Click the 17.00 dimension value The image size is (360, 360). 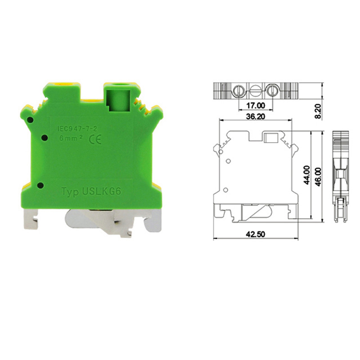click(256, 106)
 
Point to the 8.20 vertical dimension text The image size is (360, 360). click(319, 111)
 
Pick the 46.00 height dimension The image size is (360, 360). click(319, 175)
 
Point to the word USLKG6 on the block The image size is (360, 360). click(103, 192)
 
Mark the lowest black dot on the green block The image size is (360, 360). click(40, 185)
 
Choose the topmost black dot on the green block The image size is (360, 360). click(30, 120)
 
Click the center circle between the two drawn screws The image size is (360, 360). click(255, 91)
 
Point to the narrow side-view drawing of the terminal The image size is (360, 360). click(340, 177)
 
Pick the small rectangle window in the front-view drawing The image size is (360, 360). click(271, 139)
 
